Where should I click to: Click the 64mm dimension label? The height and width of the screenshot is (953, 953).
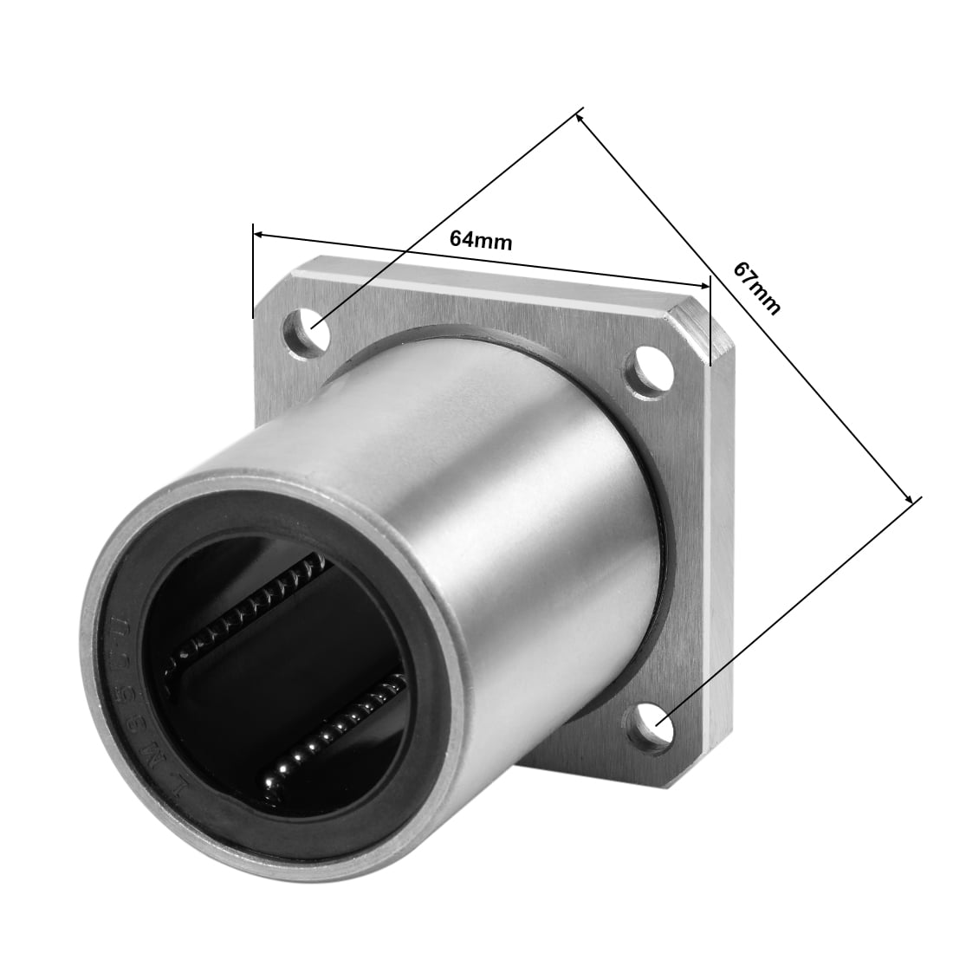coord(481,240)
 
